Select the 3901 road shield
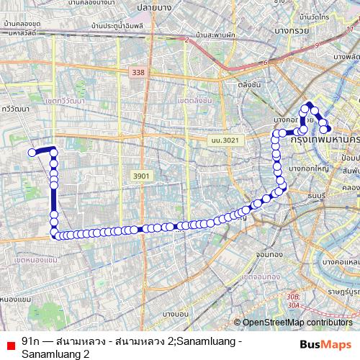click(x=141, y=176)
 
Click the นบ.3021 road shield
click(x=224, y=140)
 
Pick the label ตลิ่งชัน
click(x=248, y=84)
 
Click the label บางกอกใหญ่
click(x=308, y=168)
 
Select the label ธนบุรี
click(x=318, y=195)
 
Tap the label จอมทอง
click(x=268, y=254)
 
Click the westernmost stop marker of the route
click(x=32, y=152)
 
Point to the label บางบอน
click(x=174, y=314)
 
